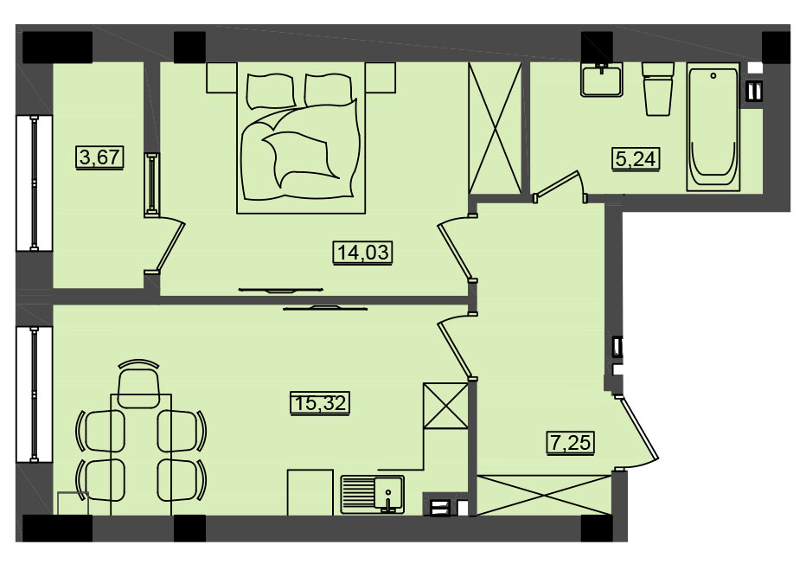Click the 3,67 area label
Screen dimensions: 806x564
pos(100,157)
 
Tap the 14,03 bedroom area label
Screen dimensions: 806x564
pos(363,253)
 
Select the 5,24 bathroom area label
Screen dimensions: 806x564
pos(636,158)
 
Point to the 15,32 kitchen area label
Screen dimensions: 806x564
pos(320,402)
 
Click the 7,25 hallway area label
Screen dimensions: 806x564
pos(570,443)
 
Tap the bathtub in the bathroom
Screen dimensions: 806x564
pos(713,127)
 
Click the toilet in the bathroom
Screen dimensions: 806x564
pos(658,89)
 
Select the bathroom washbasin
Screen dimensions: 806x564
pos(601,80)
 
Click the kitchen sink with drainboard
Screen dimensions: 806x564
pos(372,495)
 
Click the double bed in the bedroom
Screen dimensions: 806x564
pos(301,138)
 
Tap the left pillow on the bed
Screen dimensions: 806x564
pos(272,91)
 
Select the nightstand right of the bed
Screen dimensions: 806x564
pos(381,78)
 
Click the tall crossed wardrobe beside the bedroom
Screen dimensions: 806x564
pos(495,129)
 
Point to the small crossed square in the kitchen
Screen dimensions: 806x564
pos(445,406)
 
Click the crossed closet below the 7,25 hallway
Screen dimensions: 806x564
pos(544,495)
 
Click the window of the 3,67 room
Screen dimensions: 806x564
pos(34,183)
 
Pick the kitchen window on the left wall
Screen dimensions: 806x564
pos(34,394)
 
